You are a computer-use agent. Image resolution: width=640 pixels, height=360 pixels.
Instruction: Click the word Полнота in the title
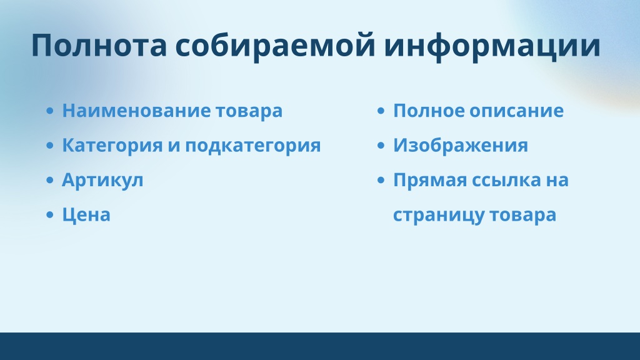(99, 45)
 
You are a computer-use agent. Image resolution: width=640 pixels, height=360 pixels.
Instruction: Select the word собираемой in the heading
(275, 46)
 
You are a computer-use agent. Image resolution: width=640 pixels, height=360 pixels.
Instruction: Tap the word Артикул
(102, 181)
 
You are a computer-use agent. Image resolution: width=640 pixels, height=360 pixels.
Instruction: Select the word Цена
(86, 215)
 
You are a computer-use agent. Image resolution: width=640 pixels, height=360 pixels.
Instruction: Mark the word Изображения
(461, 146)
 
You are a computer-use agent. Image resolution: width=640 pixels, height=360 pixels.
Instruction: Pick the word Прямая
(430, 181)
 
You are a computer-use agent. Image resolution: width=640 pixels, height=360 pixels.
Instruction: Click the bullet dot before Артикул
(50, 180)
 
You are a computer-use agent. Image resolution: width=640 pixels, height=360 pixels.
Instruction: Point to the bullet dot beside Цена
(50, 215)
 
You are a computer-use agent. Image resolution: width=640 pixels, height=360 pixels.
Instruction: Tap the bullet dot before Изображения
(381, 145)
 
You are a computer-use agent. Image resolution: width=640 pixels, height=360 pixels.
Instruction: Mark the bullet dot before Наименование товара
(50, 111)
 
